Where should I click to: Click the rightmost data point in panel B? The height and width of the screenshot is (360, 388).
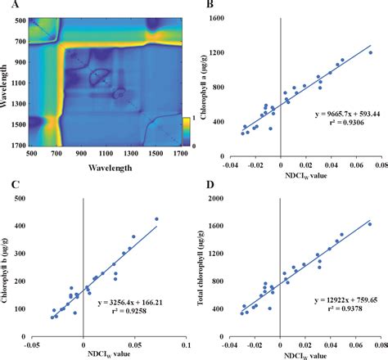coord(369,52)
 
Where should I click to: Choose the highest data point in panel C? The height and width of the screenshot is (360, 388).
coord(156,219)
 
